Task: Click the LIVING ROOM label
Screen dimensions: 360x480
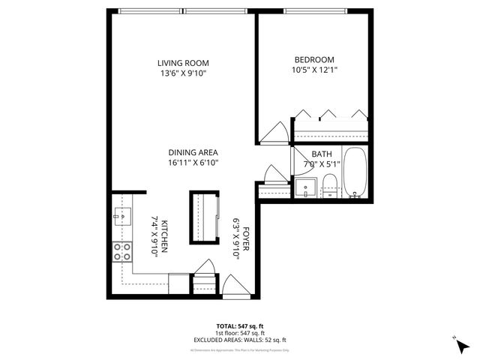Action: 183,63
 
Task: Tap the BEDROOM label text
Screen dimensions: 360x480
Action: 314,60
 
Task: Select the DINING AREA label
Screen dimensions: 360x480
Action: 193,152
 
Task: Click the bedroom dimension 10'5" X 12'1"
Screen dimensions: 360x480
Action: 314,71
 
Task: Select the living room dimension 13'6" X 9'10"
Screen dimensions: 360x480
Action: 183,74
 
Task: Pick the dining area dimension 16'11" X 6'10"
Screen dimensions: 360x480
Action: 193,163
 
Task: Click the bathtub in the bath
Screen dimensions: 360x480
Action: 355,172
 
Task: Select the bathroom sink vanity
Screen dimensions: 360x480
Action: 306,187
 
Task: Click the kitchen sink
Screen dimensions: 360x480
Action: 122,217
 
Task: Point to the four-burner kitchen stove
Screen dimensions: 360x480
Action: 122,252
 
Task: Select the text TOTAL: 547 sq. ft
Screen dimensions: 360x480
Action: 239,326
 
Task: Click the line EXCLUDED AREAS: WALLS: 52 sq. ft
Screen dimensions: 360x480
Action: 239,340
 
